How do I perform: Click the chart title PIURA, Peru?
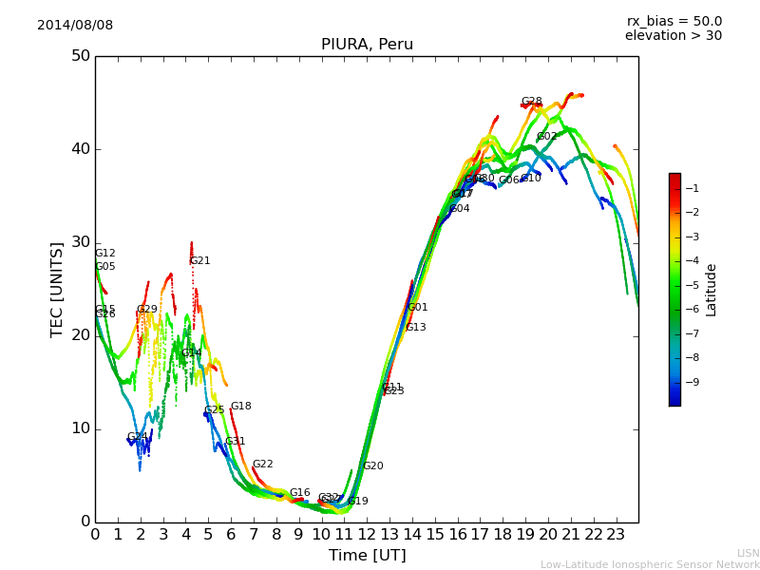367,45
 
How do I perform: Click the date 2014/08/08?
75,26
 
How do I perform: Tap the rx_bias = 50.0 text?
674,22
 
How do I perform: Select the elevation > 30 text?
673,36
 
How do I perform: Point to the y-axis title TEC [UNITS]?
57,289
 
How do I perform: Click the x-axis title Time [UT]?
367,556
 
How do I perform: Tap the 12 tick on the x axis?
367,535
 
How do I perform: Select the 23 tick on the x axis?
616,535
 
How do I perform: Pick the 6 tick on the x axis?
231,535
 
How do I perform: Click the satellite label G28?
531,102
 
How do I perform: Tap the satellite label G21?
199,261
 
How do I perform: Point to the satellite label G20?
373,466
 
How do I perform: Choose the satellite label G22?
262,465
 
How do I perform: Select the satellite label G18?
240,407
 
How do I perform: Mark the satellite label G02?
547,137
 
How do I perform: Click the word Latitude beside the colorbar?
712,290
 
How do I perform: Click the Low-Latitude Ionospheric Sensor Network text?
650,564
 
